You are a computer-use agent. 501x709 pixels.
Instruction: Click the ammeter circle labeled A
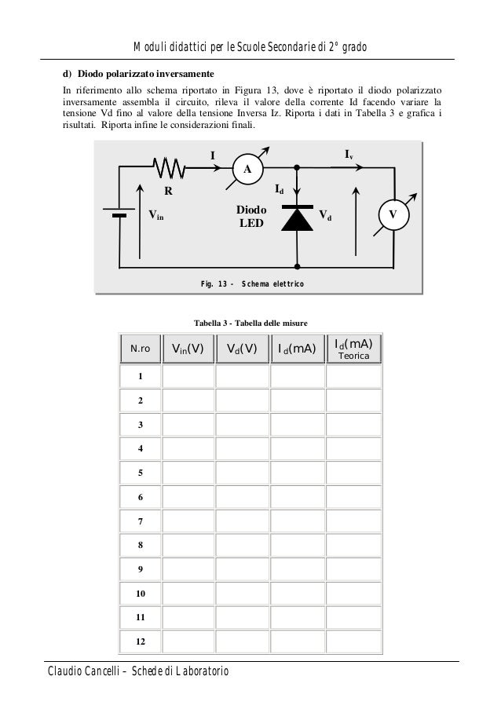[247, 169]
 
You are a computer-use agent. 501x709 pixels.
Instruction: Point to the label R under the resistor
[168, 191]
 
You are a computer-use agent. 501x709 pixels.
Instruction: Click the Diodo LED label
[252, 217]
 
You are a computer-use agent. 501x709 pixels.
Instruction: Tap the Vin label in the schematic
[156, 214]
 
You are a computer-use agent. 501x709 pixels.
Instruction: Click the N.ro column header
[141, 349]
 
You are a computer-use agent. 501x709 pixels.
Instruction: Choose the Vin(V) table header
[188, 349]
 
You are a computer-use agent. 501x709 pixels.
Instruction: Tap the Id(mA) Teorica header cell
[353, 349]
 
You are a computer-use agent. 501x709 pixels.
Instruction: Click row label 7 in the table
[141, 521]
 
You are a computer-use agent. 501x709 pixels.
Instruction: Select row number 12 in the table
[141, 641]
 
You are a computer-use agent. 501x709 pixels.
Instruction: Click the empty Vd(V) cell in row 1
[242, 377]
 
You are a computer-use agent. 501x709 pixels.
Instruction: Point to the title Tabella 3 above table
[251, 323]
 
